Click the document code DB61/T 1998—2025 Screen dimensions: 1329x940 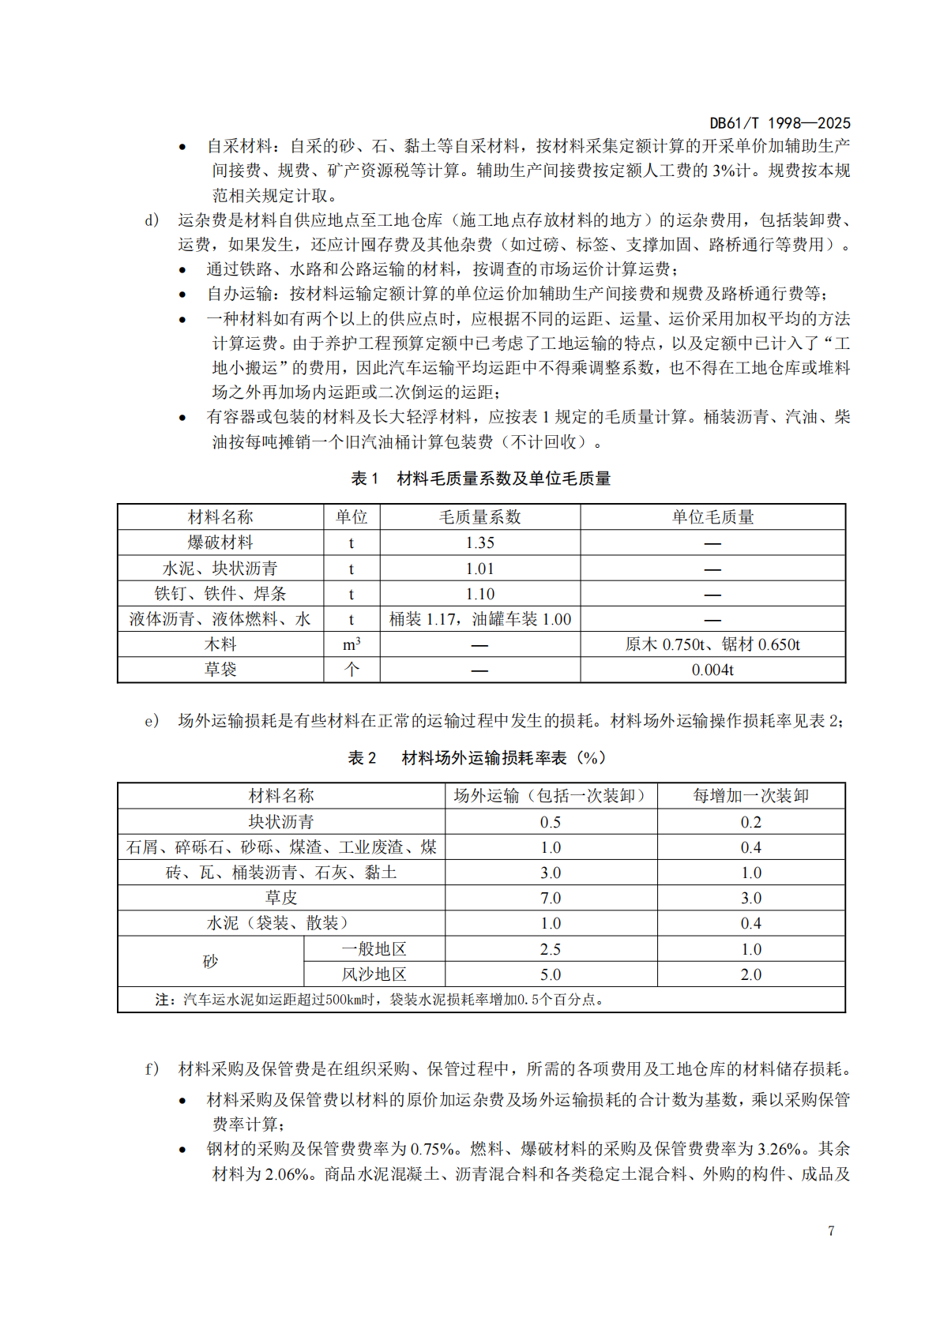pyautogui.click(x=779, y=122)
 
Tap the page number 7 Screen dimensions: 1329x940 pyautogui.click(x=831, y=1230)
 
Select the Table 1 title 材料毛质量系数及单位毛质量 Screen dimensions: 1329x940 pyautogui.click(x=503, y=479)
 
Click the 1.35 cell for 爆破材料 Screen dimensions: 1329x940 pyautogui.click(x=479, y=542)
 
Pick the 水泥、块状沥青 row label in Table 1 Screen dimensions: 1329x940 pyautogui.click(x=220, y=569)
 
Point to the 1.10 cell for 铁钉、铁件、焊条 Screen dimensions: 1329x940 pyautogui.click(x=479, y=594)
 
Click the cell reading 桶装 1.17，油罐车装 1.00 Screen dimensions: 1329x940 pyautogui.click(x=479, y=619)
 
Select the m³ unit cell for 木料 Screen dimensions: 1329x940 pyautogui.click(x=352, y=644)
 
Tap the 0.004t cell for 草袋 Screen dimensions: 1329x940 pyautogui.click(x=713, y=670)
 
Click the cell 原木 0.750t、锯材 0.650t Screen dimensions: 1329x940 pyautogui.click(x=713, y=644)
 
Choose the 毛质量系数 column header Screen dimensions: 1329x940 pyautogui.click(x=479, y=517)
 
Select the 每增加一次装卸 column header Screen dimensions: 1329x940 pyautogui.click(x=750, y=796)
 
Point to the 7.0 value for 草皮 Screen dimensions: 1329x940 pyautogui.click(x=551, y=898)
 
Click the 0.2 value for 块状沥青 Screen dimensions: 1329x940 pyautogui.click(x=750, y=822)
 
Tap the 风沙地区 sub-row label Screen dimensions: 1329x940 pyautogui.click(x=374, y=974)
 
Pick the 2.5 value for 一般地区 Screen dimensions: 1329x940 pyautogui.click(x=551, y=949)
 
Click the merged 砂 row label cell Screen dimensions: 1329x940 pyautogui.click(x=210, y=962)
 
